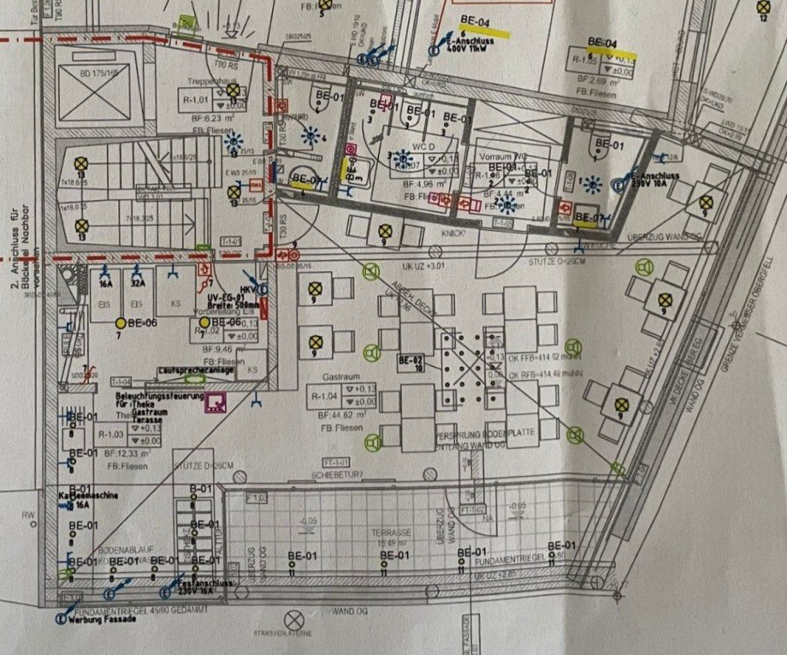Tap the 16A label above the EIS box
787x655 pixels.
[107, 285]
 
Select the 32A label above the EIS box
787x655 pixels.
[136, 285]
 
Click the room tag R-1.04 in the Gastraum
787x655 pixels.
[324, 396]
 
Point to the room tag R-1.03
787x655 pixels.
[110, 434]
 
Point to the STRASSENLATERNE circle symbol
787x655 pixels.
[294, 619]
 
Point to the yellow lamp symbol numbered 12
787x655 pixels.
[762, 6]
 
